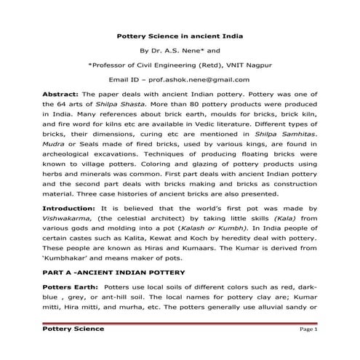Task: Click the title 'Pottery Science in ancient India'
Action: pyautogui.click(x=180, y=36)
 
